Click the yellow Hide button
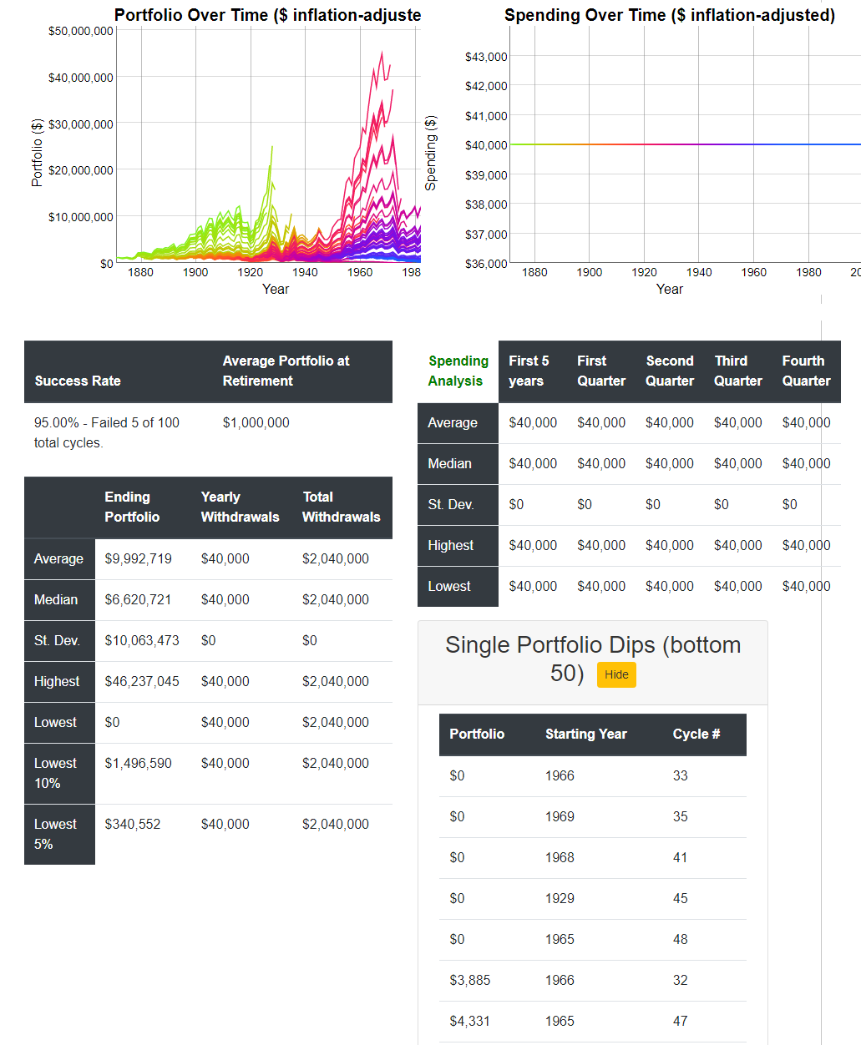[x=616, y=674]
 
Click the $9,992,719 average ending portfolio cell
[x=138, y=558]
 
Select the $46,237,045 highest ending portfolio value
[x=141, y=681]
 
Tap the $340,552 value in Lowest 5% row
[x=132, y=824]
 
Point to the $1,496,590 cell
[x=138, y=763]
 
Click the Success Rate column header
[x=78, y=381]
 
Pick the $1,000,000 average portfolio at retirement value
[x=256, y=422]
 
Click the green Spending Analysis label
[x=458, y=371]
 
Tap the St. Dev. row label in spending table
[x=450, y=504]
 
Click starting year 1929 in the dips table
[x=560, y=898]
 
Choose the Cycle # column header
[x=696, y=734]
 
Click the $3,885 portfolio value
[x=469, y=980]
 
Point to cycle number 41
[x=680, y=857]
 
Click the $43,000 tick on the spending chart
[x=486, y=57]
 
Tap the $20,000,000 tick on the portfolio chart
[x=80, y=170]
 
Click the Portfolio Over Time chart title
[x=267, y=15]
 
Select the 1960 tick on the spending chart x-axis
[x=753, y=272]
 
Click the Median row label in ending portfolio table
[x=56, y=599]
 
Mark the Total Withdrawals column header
[x=341, y=507]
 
